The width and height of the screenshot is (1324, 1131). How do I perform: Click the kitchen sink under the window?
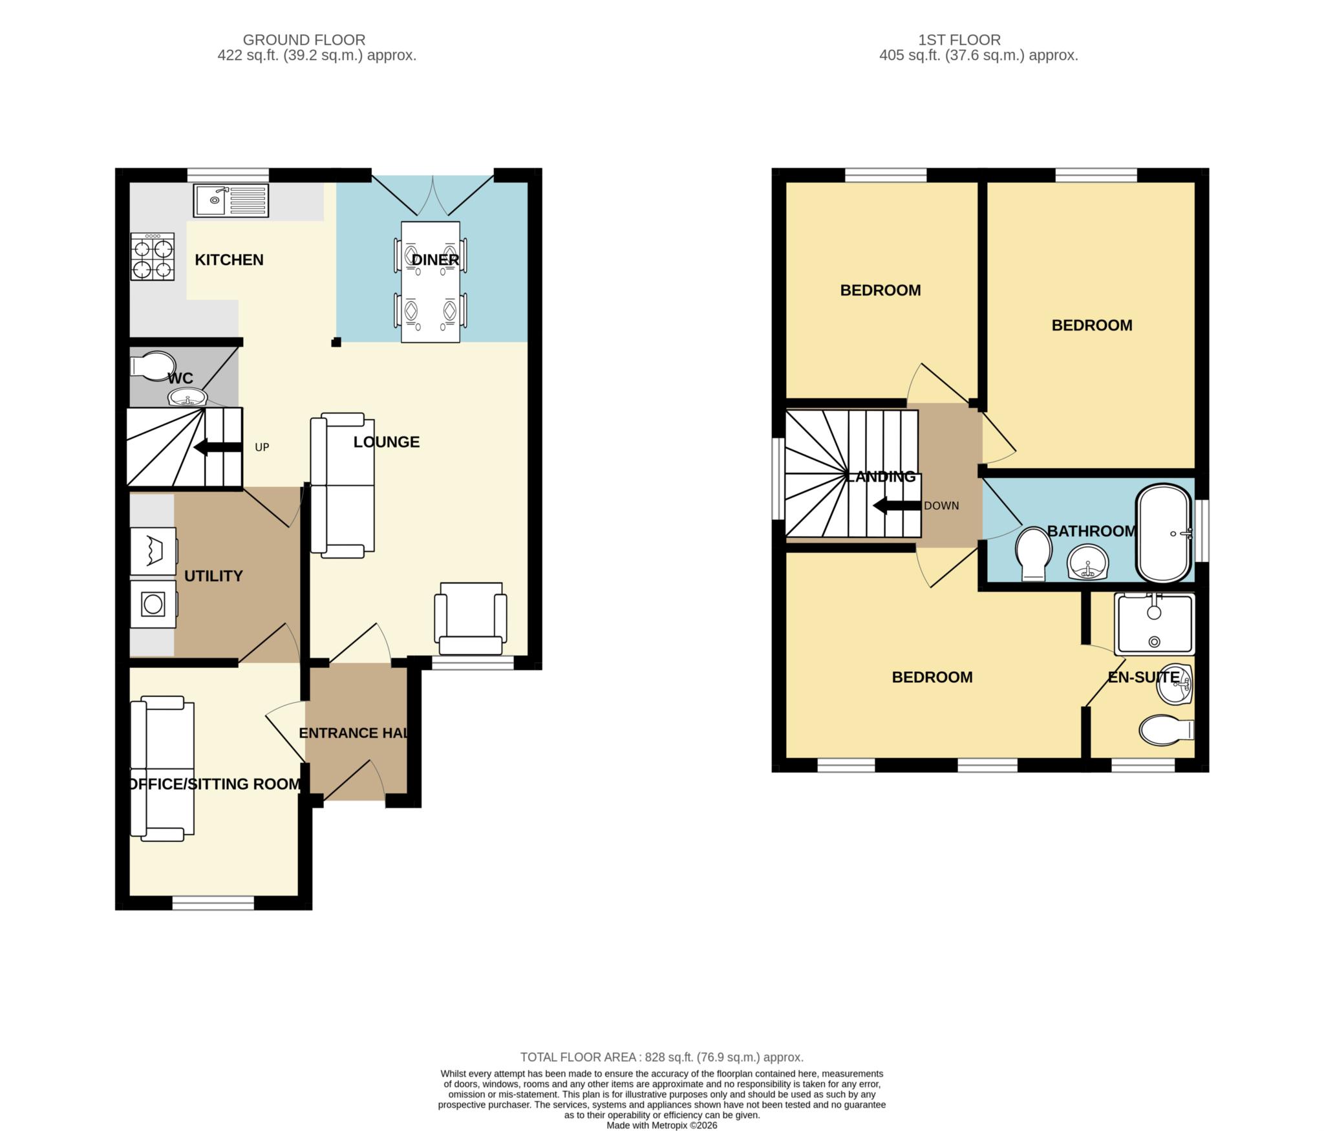tap(230, 200)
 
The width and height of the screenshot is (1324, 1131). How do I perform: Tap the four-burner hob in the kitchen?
tap(153, 257)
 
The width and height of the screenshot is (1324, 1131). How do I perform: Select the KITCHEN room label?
tap(229, 260)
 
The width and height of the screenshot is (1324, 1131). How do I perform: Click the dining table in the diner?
tap(431, 282)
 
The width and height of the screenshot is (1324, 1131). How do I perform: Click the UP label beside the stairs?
tap(262, 447)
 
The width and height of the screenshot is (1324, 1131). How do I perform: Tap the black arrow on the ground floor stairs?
tap(218, 447)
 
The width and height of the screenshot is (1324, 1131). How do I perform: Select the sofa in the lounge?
tap(342, 486)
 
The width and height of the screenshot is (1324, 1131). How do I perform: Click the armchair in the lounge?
tap(471, 619)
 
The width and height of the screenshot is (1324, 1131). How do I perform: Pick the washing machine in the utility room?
tap(154, 604)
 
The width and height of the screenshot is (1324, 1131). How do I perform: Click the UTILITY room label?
tap(213, 576)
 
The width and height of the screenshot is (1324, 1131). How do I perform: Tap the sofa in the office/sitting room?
tap(162, 768)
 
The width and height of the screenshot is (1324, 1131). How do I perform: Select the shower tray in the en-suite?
tap(1155, 623)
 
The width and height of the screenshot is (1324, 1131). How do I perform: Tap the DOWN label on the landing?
tap(941, 506)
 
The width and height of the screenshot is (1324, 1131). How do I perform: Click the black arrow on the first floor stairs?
tap(897, 506)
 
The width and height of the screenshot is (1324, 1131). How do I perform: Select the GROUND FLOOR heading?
tap(304, 40)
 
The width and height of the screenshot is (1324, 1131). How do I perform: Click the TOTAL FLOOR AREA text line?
tap(662, 1057)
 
